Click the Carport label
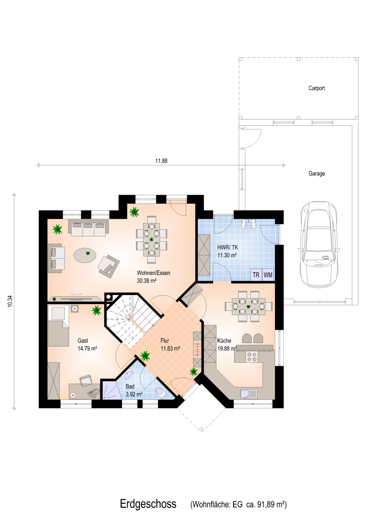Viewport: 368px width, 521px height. (x=316, y=88)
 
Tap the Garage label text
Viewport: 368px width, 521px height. (x=316, y=173)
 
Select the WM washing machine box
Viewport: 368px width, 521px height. (x=268, y=275)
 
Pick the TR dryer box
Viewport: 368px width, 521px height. (x=256, y=275)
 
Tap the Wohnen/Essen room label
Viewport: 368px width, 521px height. (x=153, y=273)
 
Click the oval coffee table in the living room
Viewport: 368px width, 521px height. (x=85, y=255)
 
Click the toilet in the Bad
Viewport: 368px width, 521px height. (x=161, y=392)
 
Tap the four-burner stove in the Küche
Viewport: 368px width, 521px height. (x=252, y=357)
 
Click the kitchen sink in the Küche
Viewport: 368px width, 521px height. (x=249, y=394)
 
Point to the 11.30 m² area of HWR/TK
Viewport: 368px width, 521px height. (x=227, y=255)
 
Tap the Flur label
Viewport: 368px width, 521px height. (x=165, y=341)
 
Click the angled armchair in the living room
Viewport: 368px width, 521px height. (x=108, y=266)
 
